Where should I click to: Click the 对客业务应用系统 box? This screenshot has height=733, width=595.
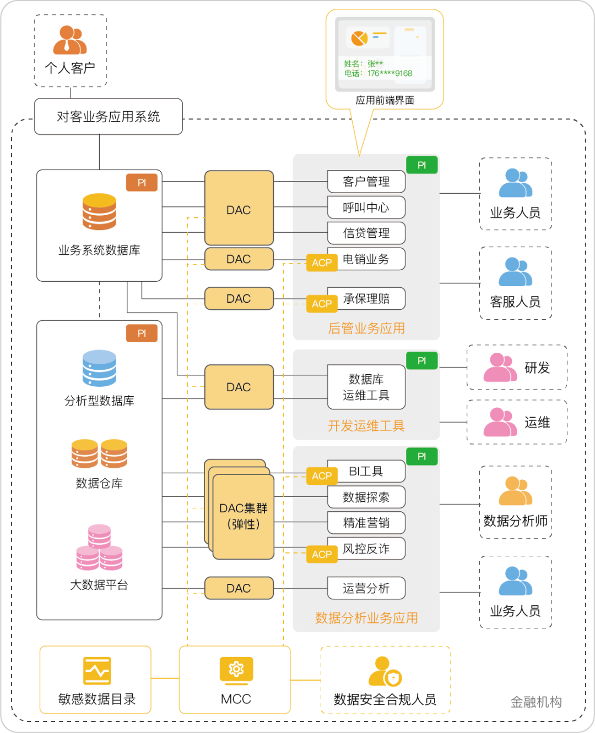coord(108,117)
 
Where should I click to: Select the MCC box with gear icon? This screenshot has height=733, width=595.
coord(235,680)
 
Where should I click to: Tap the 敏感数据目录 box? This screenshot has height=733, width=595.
coord(95,680)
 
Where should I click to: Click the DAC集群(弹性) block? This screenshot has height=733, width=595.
coord(243,516)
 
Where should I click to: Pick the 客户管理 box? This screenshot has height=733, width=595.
coord(366,182)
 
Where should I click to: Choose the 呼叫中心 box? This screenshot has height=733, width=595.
coord(366,207)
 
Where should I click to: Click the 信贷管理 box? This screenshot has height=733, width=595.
coord(366,233)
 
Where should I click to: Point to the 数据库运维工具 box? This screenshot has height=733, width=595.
coord(366,387)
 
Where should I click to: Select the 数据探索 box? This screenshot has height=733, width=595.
coord(366,497)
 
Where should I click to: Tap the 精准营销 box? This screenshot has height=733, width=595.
coord(366,523)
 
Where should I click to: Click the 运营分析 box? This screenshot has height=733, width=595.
coord(366,588)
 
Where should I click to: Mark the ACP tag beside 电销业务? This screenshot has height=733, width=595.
coord(322,263)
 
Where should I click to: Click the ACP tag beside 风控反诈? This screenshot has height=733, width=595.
coord(322,555)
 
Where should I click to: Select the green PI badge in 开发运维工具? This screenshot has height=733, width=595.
coord(422,361)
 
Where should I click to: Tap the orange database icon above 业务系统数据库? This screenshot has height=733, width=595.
coord(99,212)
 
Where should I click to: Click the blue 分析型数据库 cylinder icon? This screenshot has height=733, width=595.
coord(99,368)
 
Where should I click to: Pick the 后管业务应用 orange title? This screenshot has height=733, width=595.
coord(366,329)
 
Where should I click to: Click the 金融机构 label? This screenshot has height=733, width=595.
coord(536,702)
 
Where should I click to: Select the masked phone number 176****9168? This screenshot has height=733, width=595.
coord(390,73)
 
